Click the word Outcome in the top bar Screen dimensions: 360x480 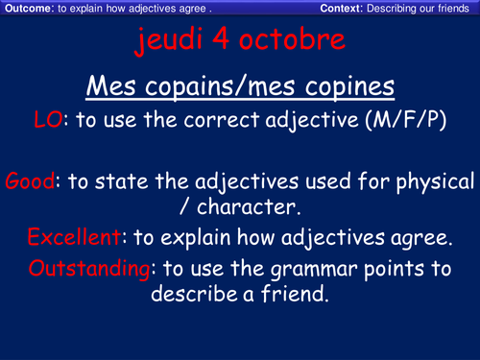tap(26, 9)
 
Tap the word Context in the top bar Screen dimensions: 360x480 tap(343, 9)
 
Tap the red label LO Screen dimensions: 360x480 tap(48, 121)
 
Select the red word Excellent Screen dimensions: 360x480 tap(73, 238)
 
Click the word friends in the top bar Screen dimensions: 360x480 tap(455, 9)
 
